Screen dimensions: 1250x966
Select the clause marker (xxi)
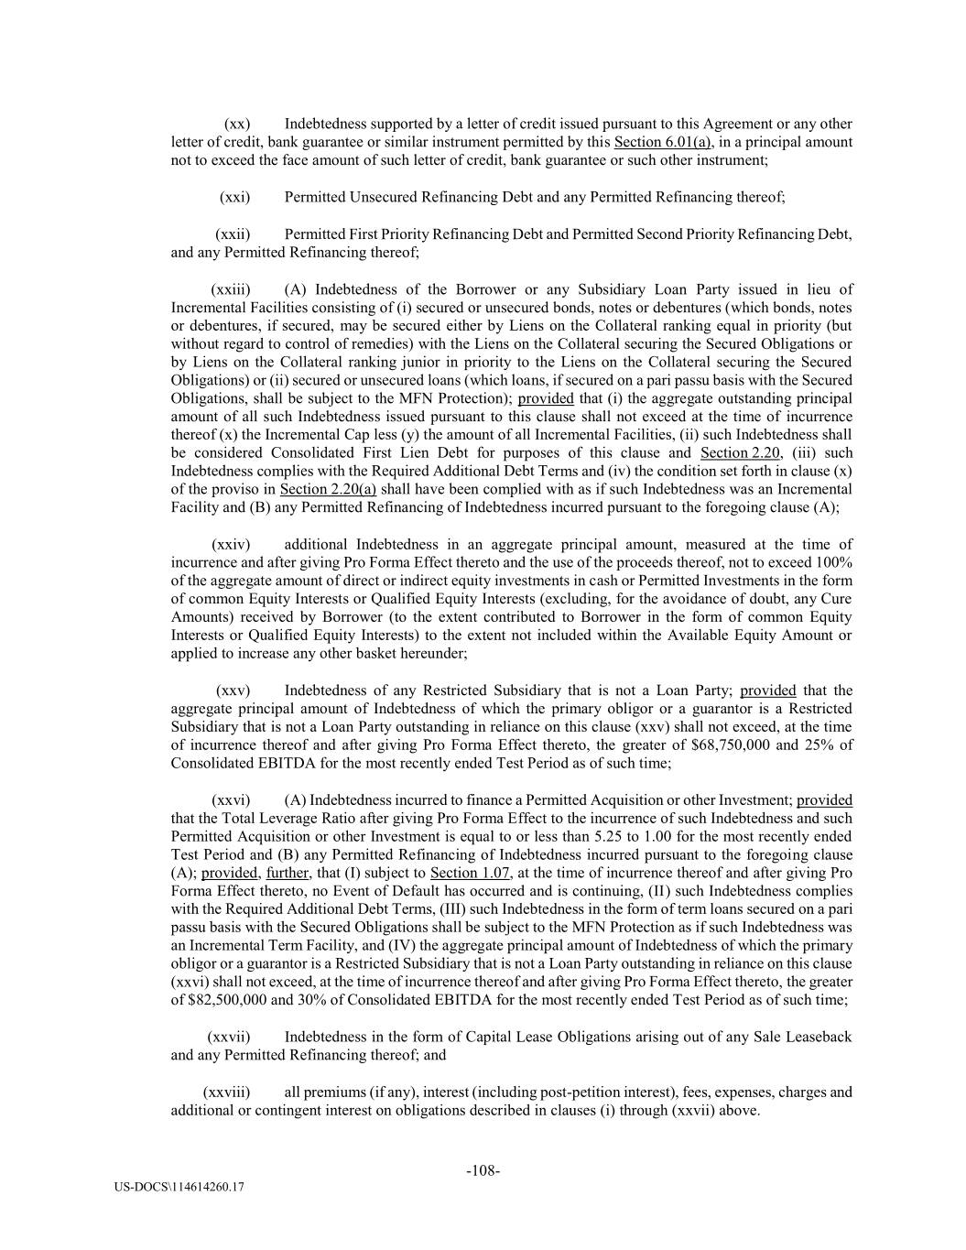[235, 197]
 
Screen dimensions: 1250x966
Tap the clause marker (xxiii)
[231, 288]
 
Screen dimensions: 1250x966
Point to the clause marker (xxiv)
[231, 544]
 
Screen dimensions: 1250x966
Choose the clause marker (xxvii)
[230, 1037]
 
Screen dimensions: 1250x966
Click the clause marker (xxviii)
[226, 1092]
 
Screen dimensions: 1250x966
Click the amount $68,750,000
[732, 745]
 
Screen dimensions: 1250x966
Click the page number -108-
[483, 1170]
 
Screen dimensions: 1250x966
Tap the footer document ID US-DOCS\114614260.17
[179, 1188]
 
